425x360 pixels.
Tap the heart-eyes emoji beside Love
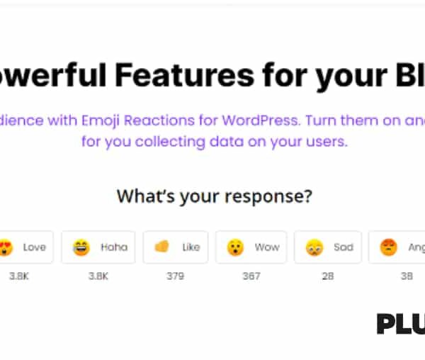pyautogui.click(x=6, y=247)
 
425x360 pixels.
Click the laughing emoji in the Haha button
pyautogui.click(x=81, y=247)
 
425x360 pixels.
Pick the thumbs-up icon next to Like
pyautogui.click(x=162, y=247)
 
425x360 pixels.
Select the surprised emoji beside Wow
pyautogui.click(x=235, y=247)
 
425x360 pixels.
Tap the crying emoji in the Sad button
pyautogui.click(x=314, y=247)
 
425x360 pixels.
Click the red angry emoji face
pyautogui.click(x=388, y=247)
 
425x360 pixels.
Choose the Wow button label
pyautogui.click(x=267, y=247)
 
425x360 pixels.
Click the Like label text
pyautogui.click(x=191, y=247)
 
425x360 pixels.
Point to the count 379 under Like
pyautogui.click(x=175, y=276)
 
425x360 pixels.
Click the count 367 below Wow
pyautogui.click(x=251, y=276)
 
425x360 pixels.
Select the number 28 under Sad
pyautogui.click(x=327, y=276)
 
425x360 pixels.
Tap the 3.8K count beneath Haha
pyautogui.click(x=98, y=276)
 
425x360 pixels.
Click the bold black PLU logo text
pyautogui.click(x=400, y=324)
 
